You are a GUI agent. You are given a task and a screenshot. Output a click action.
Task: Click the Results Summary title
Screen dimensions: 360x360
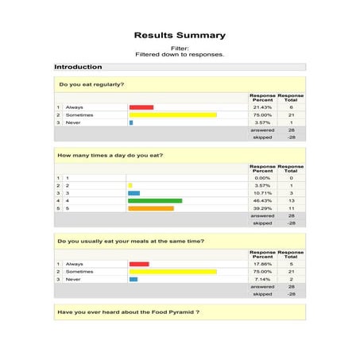(x=180, y=35)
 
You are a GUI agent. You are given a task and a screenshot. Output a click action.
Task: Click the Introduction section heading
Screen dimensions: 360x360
(x=79, y=67)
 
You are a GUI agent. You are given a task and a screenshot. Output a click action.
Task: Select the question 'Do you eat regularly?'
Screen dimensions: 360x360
(x=91, y=84)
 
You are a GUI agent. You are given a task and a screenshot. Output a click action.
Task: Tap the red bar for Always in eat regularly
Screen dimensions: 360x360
(x=141, y=107)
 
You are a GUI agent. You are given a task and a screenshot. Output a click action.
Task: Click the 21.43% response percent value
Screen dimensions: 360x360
(x=262, y=107)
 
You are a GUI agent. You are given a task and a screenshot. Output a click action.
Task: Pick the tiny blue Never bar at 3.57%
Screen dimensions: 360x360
(x=131, y=122)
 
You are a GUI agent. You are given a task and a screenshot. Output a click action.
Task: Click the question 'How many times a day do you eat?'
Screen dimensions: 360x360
(x=110, y=155)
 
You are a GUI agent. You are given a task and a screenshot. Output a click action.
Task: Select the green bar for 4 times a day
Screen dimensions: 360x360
(x=155, y=200)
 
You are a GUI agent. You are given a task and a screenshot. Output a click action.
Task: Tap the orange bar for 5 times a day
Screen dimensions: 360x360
(x=151, y=208)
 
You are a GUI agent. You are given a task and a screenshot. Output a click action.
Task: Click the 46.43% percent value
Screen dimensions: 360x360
(x=262, y=200)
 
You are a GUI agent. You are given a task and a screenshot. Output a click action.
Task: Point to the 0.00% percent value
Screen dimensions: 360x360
(x=262, y=178)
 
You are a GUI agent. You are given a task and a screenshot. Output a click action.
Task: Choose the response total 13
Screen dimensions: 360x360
(x=291, y=200)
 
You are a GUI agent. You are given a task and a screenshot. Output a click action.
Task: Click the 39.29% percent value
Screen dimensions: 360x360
(x=262, y=208)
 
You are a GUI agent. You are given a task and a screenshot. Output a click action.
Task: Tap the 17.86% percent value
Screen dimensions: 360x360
(x=262, y=264)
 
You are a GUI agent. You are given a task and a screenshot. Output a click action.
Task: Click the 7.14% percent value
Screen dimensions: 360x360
(x=262, y=279)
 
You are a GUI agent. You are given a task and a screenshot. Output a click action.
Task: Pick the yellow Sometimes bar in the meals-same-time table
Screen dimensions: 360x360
(x=172, y=272)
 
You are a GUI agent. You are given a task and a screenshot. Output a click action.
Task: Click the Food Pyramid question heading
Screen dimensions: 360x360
(x=128, y=312)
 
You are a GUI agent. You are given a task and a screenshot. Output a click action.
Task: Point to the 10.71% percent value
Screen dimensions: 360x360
(x=262, y=193)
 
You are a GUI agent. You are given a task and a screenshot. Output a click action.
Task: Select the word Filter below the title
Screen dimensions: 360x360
(x=179, y=48)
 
